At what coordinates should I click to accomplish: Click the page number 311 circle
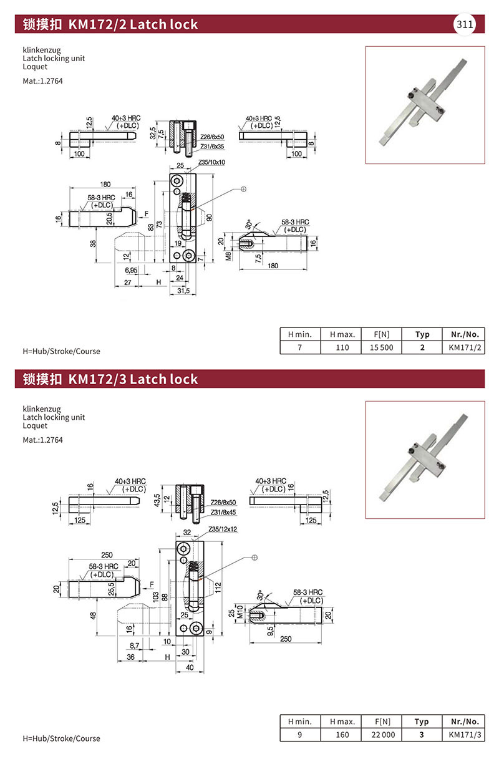464,24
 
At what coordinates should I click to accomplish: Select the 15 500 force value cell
381,347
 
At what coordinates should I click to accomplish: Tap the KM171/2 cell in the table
465,347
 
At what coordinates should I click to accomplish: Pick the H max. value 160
342,734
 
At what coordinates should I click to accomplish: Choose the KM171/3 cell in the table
465,734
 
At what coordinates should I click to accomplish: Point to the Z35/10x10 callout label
211,162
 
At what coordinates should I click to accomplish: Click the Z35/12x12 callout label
223,529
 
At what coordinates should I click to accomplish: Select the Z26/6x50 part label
212,137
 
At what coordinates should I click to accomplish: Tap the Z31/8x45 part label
223,512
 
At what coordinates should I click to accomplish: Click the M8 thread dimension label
228,256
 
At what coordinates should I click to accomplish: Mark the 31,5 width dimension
183,291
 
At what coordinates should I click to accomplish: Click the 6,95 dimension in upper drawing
131,270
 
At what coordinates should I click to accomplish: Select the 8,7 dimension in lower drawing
134,646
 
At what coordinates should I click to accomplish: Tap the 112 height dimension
218,588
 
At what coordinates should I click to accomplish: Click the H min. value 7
300,347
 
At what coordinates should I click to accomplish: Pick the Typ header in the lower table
422,722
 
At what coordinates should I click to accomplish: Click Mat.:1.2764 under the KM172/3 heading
42,440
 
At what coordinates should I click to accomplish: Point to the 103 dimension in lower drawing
155,596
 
